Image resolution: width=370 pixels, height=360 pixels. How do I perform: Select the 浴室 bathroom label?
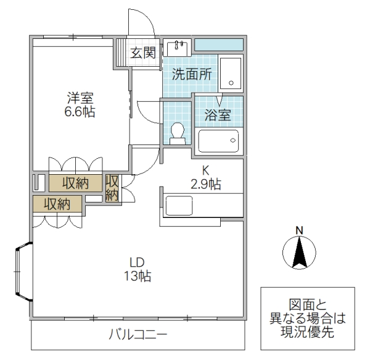(218, 114)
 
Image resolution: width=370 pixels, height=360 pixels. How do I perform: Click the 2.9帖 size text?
(207, 184)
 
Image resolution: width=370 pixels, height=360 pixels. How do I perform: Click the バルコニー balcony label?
(138, 335)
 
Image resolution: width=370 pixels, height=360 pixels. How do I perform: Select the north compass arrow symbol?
(299, 254)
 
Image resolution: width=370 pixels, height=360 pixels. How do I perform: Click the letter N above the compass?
(299, 230)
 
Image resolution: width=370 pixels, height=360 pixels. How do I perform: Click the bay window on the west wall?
(23, 273)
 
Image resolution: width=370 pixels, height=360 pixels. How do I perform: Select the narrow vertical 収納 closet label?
(112, 188)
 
